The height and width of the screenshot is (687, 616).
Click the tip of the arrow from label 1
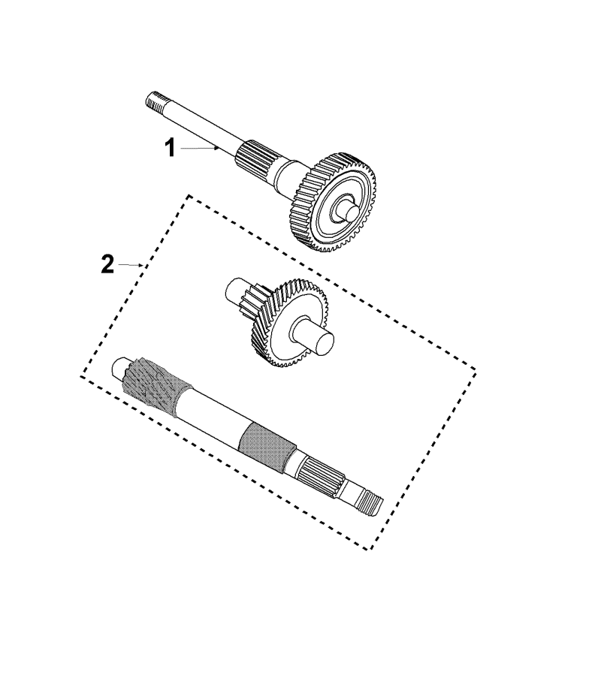[x=219, y=148]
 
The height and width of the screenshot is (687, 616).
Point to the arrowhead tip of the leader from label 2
[x=143, y=265]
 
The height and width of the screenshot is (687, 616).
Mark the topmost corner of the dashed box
[x=189, y=196]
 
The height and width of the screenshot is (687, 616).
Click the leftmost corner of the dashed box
[x=82, y=376]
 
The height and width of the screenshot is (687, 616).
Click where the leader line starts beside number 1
[x=180, y=149]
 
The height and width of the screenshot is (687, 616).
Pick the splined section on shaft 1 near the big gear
[x=255, y=159]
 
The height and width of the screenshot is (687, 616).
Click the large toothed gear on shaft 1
[x=334, y=203]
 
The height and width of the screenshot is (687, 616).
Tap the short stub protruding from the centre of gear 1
[x=346, y=209]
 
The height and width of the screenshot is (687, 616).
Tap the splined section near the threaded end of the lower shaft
[x=319, y=476]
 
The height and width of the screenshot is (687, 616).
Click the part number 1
[x=170, y=148]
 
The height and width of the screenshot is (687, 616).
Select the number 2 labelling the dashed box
[x=107, y=264]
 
